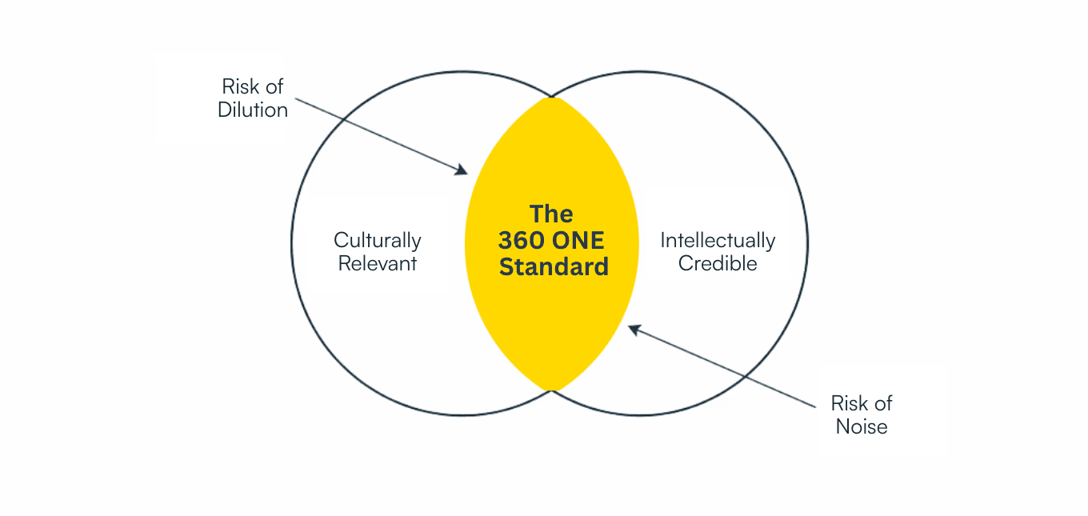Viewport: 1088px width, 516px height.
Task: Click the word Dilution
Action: pyautogui.click(x=253, y=110)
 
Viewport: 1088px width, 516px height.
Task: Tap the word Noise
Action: pyautogui.click(x=862, y=426)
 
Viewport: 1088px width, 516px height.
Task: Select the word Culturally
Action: pyautogui.click(x=378, y=240)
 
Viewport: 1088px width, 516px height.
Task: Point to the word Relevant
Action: pyautogui.click(x=378, y=264)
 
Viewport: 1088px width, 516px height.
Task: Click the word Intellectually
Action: pyautogui.click(x=718, y=240)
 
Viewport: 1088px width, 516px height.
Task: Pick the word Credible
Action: pyautogui.click(x=718, y=264)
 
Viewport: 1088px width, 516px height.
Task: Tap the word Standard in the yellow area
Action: pyautogui.click(x=554, y=266)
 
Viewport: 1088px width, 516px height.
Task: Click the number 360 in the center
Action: pyautogui.click(x=522, y=240)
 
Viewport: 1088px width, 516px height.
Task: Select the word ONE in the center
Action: pyautogui.click(x=577, y=240)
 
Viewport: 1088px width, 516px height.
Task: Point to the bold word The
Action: pyautogui.click(x=551, y=214)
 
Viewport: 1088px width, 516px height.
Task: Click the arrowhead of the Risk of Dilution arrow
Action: pyautogui.click(x=463, y=171)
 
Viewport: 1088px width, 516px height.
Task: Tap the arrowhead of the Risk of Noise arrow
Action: pyautogui.click(x=632, y=327)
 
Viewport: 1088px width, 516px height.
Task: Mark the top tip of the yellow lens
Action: pyautogui.click(x=551, y=98)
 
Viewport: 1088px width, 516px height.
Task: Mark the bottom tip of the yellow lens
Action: pyautogui.click(x=551, y=390)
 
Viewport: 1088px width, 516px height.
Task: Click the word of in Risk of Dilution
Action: pyautogui.click(x=274, y=86)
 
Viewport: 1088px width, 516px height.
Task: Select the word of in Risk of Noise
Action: pyautogui.click(x=883, y=402)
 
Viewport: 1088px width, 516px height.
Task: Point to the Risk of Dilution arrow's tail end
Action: pyautogui.click(x=295, y=99)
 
